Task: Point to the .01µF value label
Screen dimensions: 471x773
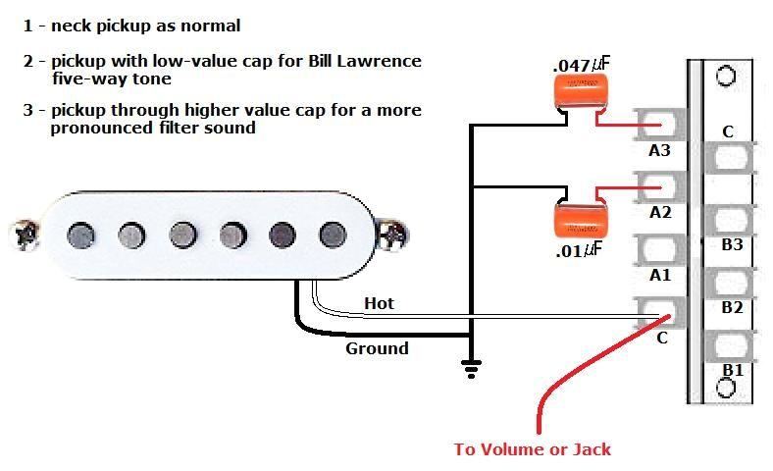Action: point(579,250)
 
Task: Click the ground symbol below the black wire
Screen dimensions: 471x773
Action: point(472,368)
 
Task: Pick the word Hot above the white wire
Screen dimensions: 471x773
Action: point(379,303)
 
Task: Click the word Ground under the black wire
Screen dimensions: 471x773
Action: point(377,348)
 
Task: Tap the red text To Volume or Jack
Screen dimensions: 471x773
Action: point(532,449)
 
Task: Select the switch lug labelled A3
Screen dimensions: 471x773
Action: point(660,125)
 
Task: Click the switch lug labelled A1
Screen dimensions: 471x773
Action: point(660,249)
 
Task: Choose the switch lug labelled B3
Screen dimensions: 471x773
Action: point(730,220)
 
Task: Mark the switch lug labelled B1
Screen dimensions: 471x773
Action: point(730,345)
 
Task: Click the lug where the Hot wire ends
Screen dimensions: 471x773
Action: point(660,314)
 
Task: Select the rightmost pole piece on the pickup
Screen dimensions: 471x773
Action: point(332,234)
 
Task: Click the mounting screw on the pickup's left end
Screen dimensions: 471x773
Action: point(21,234)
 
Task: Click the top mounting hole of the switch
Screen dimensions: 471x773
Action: point(726,76)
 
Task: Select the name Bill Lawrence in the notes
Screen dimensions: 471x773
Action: point(363,61)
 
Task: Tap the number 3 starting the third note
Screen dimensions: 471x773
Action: point(28,110)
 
